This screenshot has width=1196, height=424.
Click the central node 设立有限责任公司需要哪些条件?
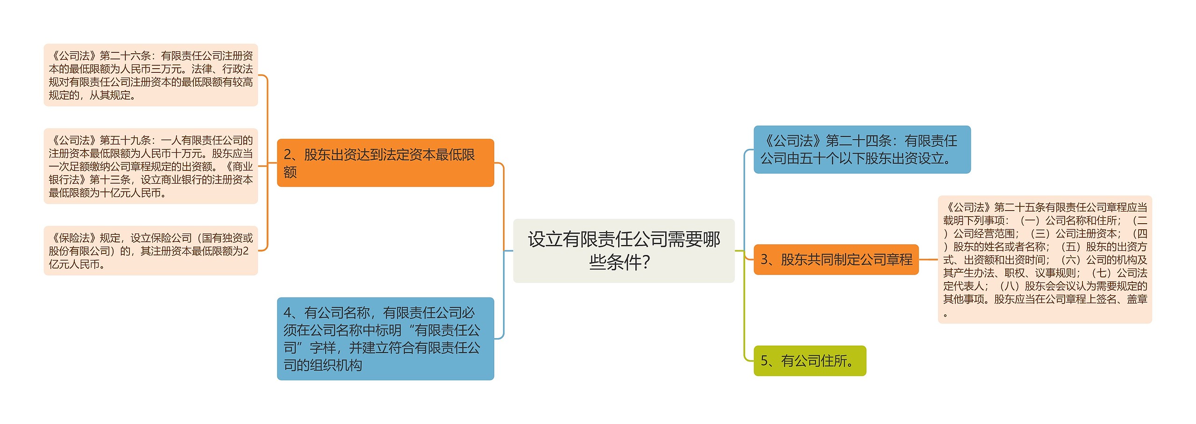tap(623, 250)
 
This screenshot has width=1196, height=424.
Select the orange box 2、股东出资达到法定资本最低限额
tap(385, 163)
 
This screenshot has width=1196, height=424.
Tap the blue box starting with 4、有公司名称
tap(385, 339)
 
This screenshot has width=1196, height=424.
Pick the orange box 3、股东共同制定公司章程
tap(836, 259)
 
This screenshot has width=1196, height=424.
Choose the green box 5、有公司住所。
tap(810, 360)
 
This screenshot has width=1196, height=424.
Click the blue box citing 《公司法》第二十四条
tap(861, 149)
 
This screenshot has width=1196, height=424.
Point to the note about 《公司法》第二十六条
tap(150, 75)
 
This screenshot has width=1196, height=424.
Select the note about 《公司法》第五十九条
tap(150, 166)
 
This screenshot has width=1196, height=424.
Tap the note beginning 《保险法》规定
tap(150, 251)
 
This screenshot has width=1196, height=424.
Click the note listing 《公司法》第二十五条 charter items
tap(1045, 259)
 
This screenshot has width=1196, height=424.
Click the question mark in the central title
tap(646, 262)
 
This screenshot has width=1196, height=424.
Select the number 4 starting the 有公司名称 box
tap(288, 312)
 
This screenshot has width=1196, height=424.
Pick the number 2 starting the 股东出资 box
tap(288, 155)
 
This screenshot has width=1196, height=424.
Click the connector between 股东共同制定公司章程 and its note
tap(928, 259)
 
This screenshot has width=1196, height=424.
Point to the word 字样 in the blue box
tap(323, 348)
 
